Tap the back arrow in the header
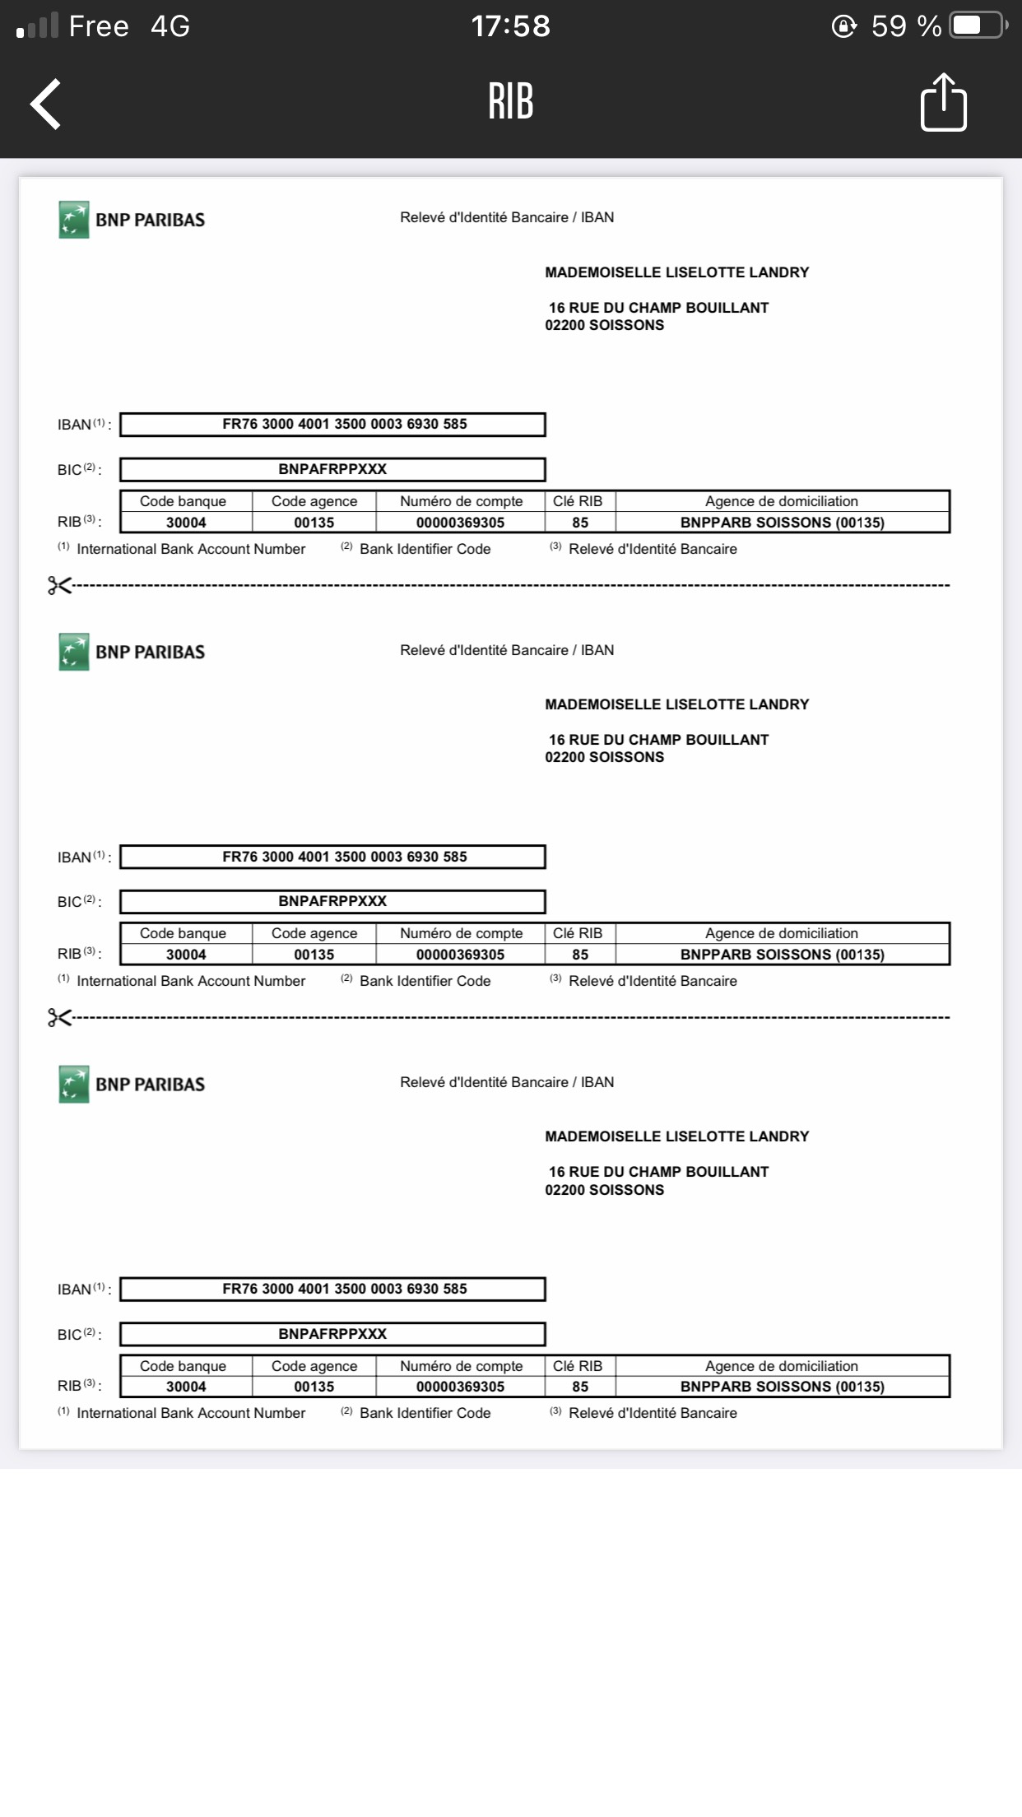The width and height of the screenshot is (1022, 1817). coord(46,104)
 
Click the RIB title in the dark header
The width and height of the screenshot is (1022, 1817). coord(510,102)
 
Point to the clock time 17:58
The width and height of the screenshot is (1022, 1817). coord(510,26)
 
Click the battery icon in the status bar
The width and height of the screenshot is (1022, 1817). coord(978,26)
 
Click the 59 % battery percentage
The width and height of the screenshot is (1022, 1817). coord(906,26)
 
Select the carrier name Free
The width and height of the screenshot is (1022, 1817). coord(99,26)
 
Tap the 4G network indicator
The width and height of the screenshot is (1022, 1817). coord(170,26)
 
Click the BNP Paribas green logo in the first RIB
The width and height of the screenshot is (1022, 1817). coord(74,220)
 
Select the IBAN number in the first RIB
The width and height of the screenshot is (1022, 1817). coord(344,424)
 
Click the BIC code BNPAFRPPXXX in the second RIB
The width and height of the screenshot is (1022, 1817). coord(332,901)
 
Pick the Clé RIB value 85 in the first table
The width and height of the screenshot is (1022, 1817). coord(580,523)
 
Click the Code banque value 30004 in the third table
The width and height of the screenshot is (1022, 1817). coord(186,1387)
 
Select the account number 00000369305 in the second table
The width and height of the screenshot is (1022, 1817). coord(460,955)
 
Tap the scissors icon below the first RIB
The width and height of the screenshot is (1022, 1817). coord(59,585)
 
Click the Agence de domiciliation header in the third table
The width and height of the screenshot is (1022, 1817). coord(781,1366)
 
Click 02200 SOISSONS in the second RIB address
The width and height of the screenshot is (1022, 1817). coord(604,757)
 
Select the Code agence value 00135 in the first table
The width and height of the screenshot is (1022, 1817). coord(314,523)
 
